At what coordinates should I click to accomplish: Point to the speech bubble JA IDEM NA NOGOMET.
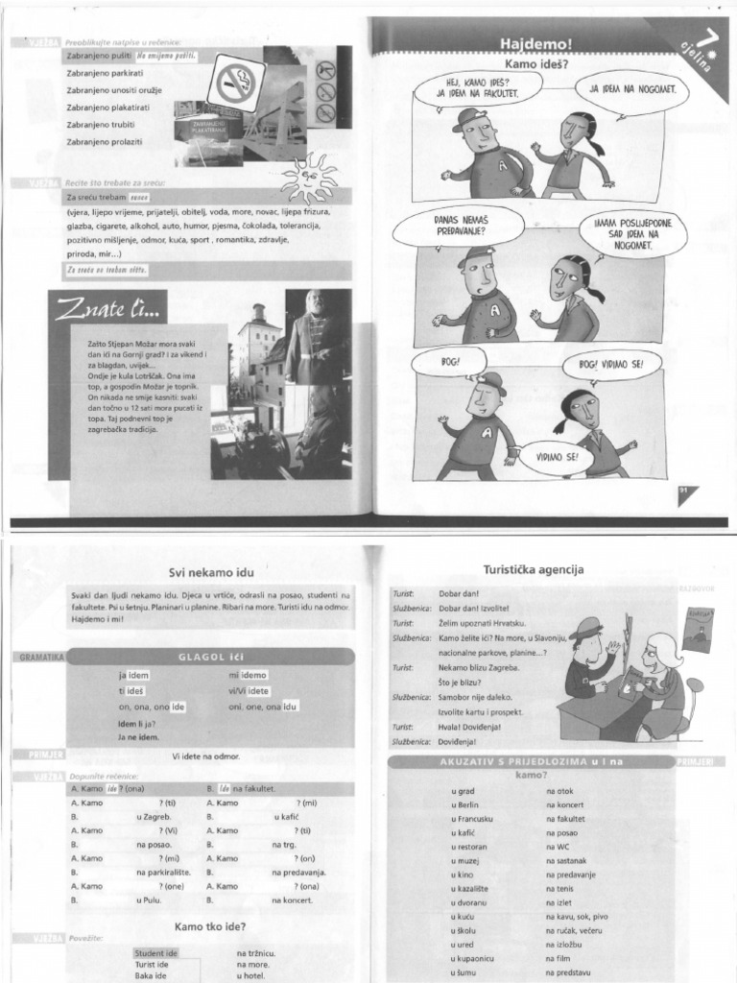click(x=632, y=89)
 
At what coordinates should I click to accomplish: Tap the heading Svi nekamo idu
click(x=209, y=573)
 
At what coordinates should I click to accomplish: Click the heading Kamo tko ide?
click(x=210, y=926)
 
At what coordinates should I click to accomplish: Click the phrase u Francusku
click(x=472, y=819)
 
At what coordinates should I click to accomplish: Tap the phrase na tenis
click(x=560, y=889)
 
